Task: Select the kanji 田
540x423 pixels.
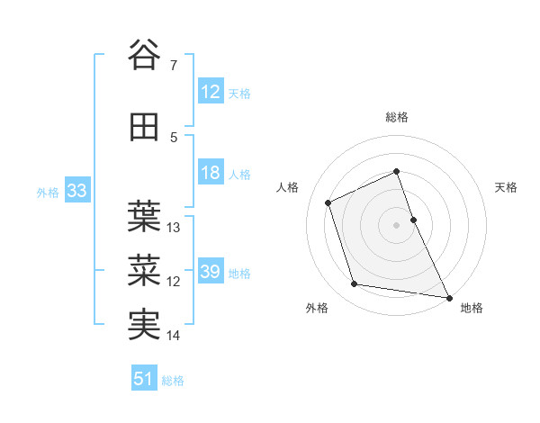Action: [145, 127]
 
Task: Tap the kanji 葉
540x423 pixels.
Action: [145, 214]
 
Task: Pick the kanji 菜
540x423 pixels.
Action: [145, 268]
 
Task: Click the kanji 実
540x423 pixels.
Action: [145, 325]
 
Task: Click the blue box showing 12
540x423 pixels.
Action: [211, 92]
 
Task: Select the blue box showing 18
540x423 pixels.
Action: [211, 174]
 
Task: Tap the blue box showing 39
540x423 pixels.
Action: [211, 272]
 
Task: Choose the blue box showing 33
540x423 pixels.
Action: [76, 192]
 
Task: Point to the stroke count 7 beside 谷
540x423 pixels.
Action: [174, 66]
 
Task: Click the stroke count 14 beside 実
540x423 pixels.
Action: [174, 336]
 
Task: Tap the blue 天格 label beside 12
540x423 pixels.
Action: [239, 93]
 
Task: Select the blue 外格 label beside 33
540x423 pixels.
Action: [48, 193]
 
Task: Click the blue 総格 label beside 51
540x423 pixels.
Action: [173, 381]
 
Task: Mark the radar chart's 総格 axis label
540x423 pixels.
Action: [397, 117]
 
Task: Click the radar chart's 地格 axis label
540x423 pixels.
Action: [472, 308]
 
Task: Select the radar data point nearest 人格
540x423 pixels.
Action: [328, 202]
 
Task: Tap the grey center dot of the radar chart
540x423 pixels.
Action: [397, 224]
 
